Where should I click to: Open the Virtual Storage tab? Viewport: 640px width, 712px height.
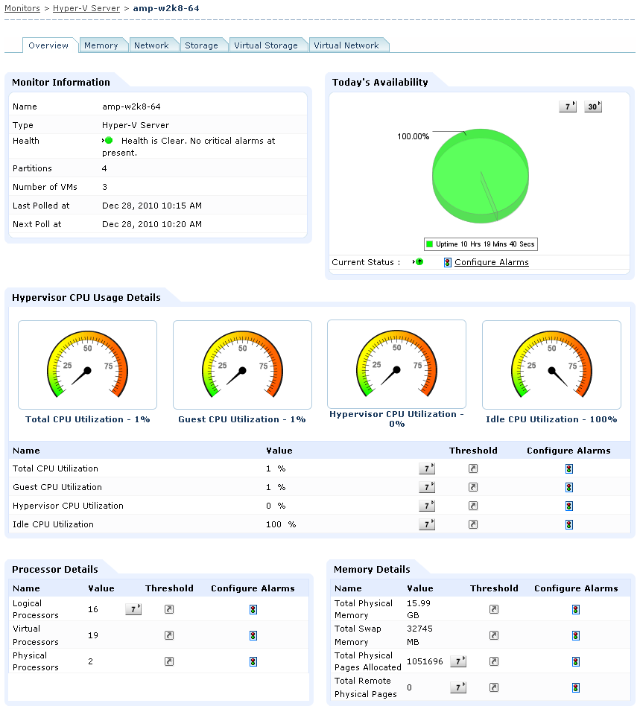click(265, 45)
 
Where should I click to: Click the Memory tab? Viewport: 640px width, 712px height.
click(101, 45)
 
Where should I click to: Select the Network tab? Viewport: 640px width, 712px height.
click(151, 45)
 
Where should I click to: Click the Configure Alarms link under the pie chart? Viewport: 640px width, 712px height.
click(491, 262)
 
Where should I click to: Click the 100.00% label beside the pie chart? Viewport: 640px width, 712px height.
click(413, 136)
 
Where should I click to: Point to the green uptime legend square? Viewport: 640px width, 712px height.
click(430, 244)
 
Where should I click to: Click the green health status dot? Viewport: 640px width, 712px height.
click(108, 140)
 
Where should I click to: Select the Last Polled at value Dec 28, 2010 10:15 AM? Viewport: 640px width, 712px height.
click(151, 206)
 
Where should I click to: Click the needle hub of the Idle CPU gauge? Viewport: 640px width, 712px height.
click(552, 369)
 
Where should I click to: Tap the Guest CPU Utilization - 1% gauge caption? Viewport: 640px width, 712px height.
click(241, 419)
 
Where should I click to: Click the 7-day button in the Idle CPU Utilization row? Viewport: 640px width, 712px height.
click(427, 524)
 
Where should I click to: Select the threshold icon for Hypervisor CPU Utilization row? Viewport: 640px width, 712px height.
click(472, 506)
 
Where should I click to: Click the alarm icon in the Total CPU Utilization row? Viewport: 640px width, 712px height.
click(568, 468)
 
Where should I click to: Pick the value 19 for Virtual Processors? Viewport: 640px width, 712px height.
click(93, 635)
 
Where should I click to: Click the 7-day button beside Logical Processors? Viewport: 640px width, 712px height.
click(133, 609)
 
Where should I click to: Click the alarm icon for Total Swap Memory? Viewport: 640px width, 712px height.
click(576, 635)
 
